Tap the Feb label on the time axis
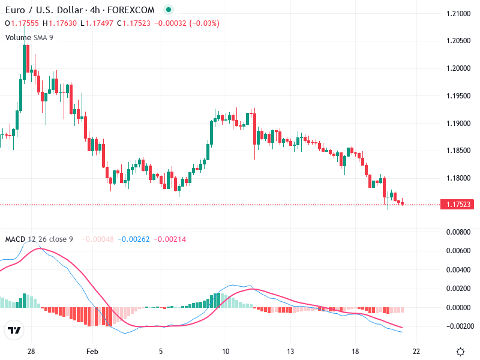click(x=91, y=351)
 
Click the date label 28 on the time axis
click(x=31, y=351)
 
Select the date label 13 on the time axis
click(x=290, y=351)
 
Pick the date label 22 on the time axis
click(x=416, y=351)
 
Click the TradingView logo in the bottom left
click(x=14, y=331)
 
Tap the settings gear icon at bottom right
click(x=460, y=352)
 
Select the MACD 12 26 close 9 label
click(x=39, y=239)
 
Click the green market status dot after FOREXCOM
click(x=168, y=10)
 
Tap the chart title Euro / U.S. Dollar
click(x=41, y=10)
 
